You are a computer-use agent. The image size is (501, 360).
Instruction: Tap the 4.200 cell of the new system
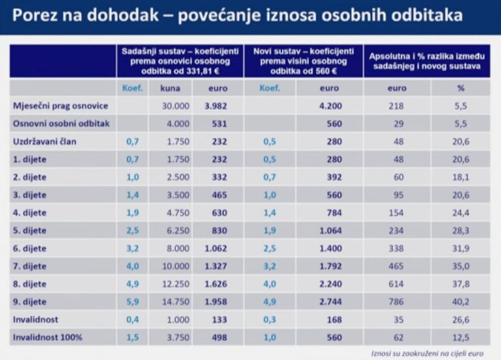pyautogui.click(x=330, y=106)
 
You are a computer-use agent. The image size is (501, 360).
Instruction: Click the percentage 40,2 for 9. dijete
pyautogui.click(x=462, y=302)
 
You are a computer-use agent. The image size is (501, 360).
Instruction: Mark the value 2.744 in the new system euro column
pyautogui.click(x=330, y=302)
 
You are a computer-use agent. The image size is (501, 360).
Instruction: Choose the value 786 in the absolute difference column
pyautogui.click(x=397, y=302)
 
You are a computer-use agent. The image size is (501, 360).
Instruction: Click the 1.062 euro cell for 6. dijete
pyautogui.click(x=216, y=248)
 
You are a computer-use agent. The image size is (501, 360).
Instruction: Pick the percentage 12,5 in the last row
pyautogui.click(x=462, y=337)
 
